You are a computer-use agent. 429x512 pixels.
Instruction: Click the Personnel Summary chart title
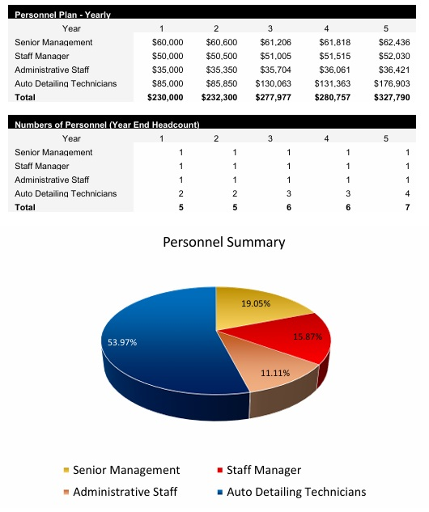tap(224, 242)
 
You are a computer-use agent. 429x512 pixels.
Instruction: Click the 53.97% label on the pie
tap(122, 342)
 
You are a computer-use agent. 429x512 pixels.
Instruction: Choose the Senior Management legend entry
tap(125, 470)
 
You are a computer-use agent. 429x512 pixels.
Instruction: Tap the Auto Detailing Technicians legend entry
tap(295, 491)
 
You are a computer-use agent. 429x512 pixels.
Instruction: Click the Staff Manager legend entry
tap(263, 470)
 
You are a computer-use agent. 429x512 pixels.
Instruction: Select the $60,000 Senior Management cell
tap(168, 42)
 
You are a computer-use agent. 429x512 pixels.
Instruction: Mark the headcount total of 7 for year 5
tap(408, 207)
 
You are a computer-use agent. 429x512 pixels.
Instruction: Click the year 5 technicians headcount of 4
tap(408, 193)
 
